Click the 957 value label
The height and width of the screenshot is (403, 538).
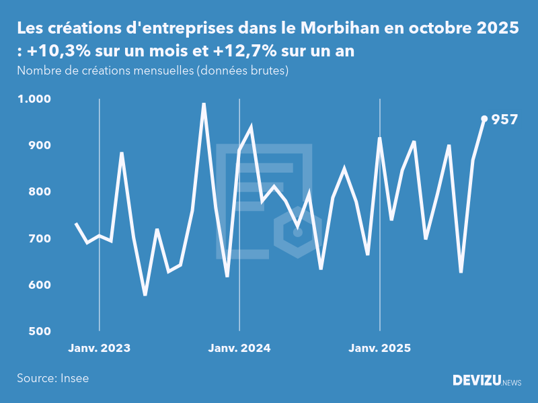click(504, 120)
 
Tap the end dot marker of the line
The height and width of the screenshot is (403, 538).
click(484, 119)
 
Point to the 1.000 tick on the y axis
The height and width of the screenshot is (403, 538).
click(34, 99)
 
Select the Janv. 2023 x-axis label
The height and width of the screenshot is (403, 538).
click(100, 348)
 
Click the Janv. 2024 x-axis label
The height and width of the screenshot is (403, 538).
click(239, 348)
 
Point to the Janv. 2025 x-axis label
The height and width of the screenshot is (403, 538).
click(380, 348)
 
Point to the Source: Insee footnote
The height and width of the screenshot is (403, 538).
click(53, 378)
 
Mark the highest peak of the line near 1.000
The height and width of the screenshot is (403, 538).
click(204, 104)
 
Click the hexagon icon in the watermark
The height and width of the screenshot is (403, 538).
click(298, 232)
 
